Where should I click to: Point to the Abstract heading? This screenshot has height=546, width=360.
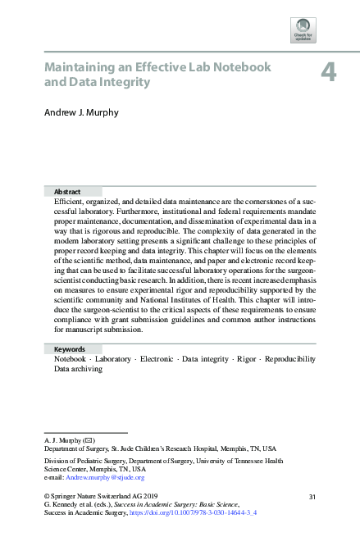pyautogui.click(x=67, y=191)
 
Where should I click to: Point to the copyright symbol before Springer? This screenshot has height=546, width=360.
pyautogui.click(x=46, y=497)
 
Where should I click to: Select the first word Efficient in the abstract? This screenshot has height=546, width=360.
pyautogui.click(x=68, y=201)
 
